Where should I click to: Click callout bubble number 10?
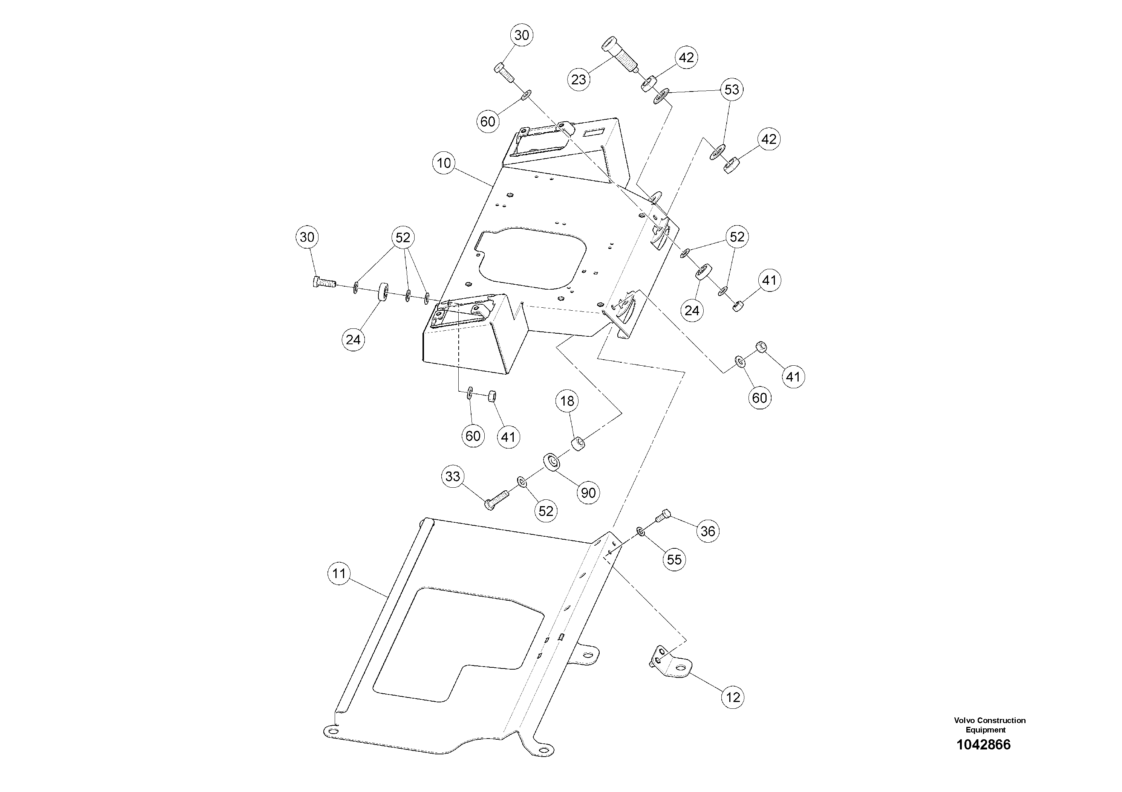coord(444,163)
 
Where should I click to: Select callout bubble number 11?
coord(339,573)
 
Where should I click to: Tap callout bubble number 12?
coord(733,697)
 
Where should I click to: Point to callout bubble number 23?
coord(579,79)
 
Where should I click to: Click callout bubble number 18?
coord(567,401)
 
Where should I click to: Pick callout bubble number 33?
coord(453,476)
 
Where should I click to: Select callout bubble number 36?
coord(707,531)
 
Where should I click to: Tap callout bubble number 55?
coord(674,559)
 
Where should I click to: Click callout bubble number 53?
coord(732,90)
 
